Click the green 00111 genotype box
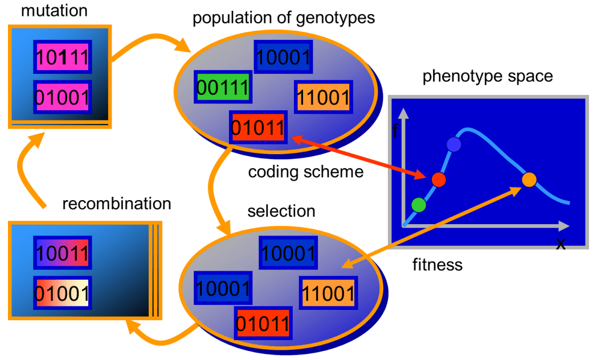click(x=223, y=87)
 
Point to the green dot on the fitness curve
click(x=419, y=204)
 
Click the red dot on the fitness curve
click(x=438, y=180)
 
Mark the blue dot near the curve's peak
click(x=454, y=144)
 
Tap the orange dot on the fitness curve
click(x=529, y=179)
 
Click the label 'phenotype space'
click(x=488, y=76)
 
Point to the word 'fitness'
click(x=437, y=264)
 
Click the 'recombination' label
click(x=116, y=203)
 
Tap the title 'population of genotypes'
click(x=284, y=18)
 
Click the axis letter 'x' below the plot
click(x=561, y=244)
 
